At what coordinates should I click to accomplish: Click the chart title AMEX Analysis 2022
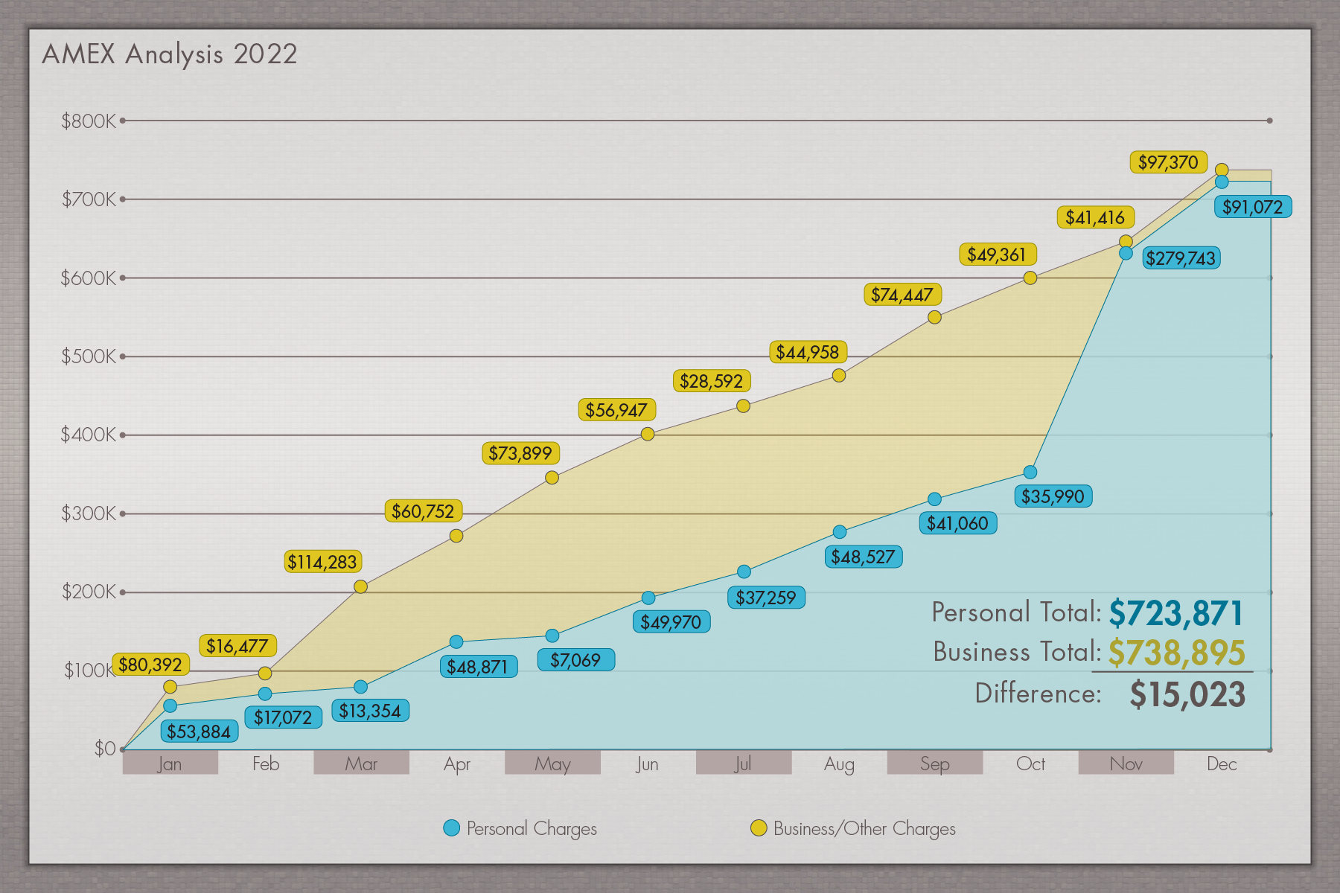click(170, 54)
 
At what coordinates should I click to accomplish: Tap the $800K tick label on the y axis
click(89, 121)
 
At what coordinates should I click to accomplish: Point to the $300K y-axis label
click(89, 513)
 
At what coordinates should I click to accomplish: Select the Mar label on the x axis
click(361, 764)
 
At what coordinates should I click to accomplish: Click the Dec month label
click(1222, 764)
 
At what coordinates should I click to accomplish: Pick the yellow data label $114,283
click(322, 562)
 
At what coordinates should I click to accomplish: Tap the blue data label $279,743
click(1181, 258)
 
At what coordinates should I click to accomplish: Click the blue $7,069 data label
click(575, 660)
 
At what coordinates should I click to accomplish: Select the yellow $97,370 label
click(1168, 162)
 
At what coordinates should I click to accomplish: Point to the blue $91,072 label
click(1253, 207)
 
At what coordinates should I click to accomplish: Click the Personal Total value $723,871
click(1176, 614)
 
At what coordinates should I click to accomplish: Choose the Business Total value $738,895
click(1176, 653)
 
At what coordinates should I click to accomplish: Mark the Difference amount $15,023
click(1187, 694)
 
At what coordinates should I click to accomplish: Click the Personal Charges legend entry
click(520, 828)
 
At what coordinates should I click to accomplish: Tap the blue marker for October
click(1030, 472)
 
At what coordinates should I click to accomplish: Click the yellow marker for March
click(360, 586)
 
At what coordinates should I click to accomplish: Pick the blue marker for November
click(1126, 253)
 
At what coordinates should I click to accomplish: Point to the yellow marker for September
click(935, 317)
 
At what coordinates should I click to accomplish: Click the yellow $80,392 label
click(150, 665)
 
